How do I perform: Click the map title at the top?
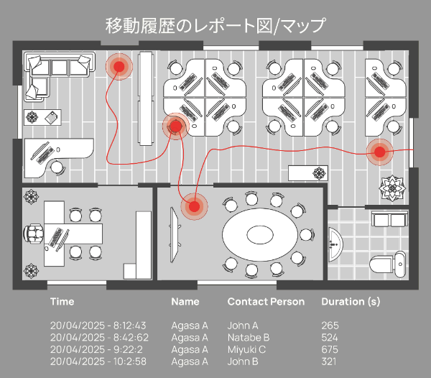[215, 26]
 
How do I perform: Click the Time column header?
[62, 302]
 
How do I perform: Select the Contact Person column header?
[266, 302]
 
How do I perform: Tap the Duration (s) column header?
[351, 302]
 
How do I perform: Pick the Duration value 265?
[330, 326]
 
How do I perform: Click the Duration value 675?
[330, 349]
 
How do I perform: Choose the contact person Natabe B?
[249, 337]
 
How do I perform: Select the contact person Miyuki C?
[247, 349]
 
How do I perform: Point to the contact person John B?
[243, 361]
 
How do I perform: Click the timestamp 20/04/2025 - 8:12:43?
[98, 326]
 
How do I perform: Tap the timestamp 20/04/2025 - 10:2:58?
[98, 361]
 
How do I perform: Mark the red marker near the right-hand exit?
[379, 152]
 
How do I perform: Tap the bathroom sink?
[335, 244]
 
